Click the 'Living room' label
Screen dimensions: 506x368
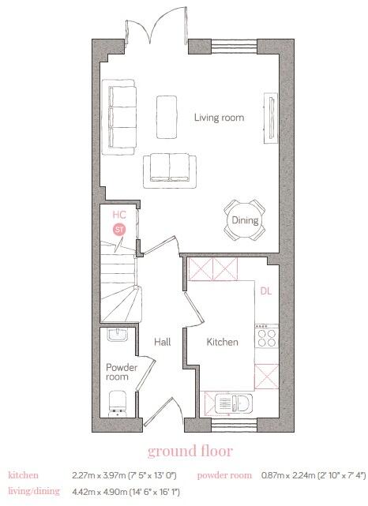pyautogui.click(x=219, y=118)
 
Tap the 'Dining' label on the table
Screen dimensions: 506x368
pyautogui.click(x=245, y=220)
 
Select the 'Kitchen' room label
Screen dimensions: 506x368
pyautogui.click(x=222, y=343)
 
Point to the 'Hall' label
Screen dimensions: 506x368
pyautogui.click(x=163, y=343)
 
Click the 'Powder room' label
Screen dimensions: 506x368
pyautogui.click(x=122, y=373)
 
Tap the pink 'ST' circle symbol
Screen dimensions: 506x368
pyautogui.click(x=119, y=229)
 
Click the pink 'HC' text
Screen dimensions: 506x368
pyautogui.click(x=119, y=214)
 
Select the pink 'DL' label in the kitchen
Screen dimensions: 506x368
pyautogui.click(x=266, y=290)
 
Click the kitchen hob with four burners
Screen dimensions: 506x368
pyautogui.click(x=266, y=338)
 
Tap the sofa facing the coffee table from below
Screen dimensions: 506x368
pyautogui.click(x=170, y=169)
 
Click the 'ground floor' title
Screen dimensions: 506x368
pyautogui.click(x=190, y=452)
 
